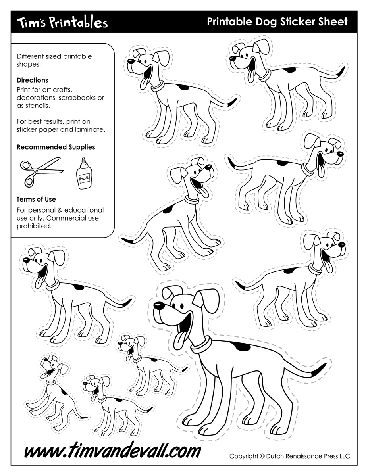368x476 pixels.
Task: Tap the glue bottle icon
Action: point(84,174)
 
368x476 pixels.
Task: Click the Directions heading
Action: point(33,80)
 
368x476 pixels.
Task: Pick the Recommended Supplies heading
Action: point(56,147)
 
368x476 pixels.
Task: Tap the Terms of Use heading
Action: point(36,199)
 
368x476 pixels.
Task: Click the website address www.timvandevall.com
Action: point(112,451)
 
